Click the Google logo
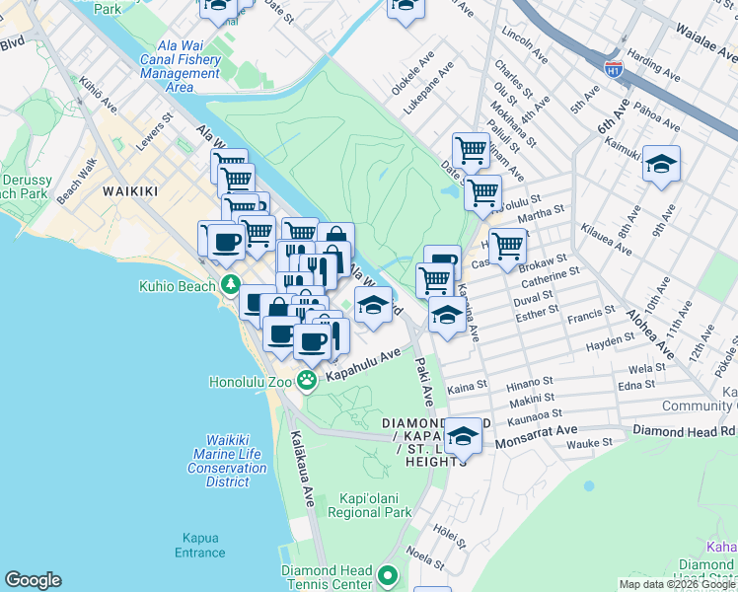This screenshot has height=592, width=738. coord(33,580)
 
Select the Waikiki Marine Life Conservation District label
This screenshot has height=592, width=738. coord(228,461)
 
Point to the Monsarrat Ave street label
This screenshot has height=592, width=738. coord(538,431)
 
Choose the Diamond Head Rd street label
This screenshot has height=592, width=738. coord(684,431)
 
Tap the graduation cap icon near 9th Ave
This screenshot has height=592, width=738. coord(662,164)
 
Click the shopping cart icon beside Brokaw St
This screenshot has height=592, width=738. coord(507,246)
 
